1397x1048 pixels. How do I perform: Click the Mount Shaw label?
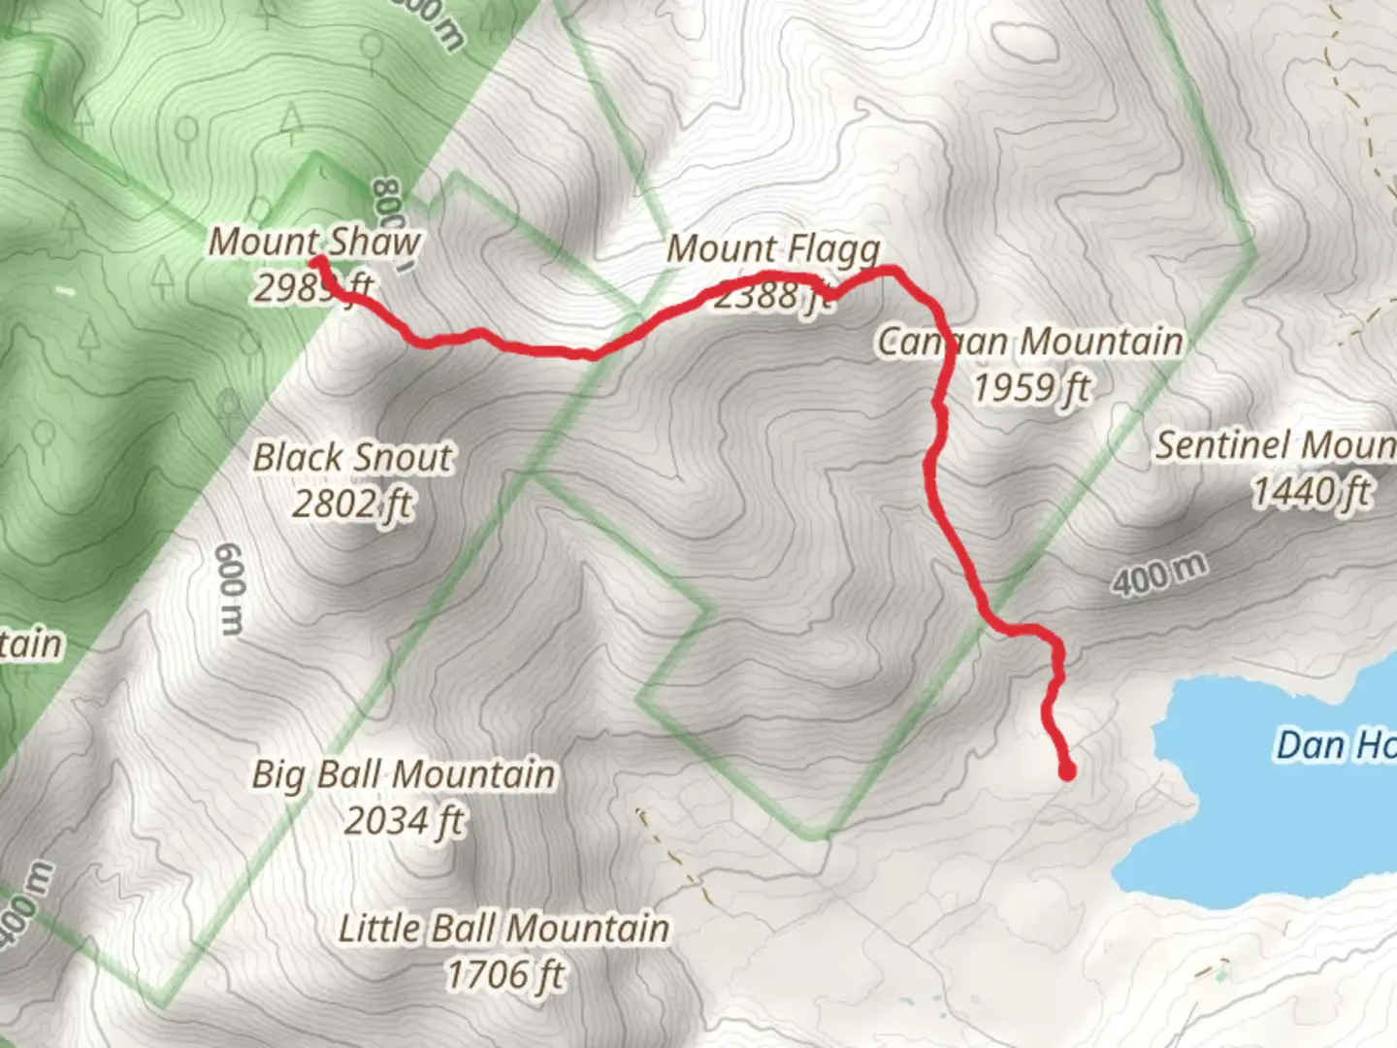tap(314, 242)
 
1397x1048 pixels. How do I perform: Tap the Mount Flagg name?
tap(773, 249)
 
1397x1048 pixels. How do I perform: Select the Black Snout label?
tap(352, 458)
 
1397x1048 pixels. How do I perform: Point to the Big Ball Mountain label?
tap(404, 774)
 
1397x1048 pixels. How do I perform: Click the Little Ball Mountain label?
tap(504, 929)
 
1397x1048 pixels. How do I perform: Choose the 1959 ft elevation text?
tap(1031, 388)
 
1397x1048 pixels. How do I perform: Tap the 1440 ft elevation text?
tap(1312, 492)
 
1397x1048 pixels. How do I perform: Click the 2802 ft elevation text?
tap(352, 505)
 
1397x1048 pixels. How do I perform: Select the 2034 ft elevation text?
tap(404, 821)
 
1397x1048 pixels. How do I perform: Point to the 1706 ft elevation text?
tap(504, 974)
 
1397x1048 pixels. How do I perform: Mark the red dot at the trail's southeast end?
tap(1067, 772)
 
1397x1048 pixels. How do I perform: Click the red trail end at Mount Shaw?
tap(316, 261)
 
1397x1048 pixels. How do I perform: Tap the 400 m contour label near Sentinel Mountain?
tap(1159, 573)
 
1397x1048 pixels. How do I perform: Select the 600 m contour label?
tap(230, 589)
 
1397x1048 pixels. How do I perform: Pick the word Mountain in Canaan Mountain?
tap(1102, 342)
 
